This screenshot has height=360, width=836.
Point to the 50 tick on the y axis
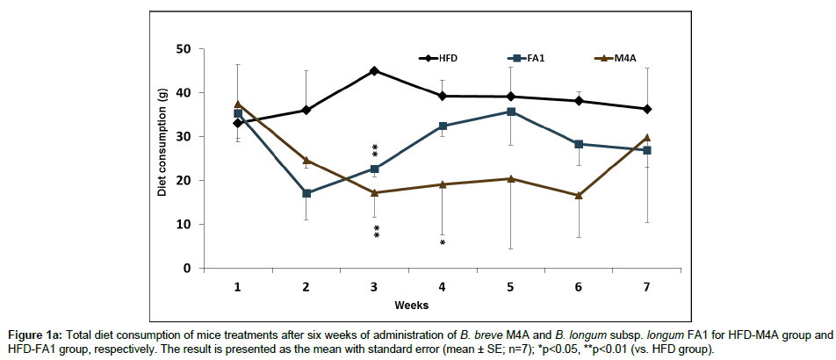click(x=184, y=49)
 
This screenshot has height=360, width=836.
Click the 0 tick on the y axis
click(x=188, y=269)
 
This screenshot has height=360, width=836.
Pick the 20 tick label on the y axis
click(x=184, y=181)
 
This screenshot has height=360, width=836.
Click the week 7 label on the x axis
click(x=646, y=287)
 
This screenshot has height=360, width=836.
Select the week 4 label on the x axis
click(x=443, y=287)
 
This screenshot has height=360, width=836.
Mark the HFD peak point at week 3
click(x=375, y=70)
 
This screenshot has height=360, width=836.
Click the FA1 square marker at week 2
click(x=306, y=193)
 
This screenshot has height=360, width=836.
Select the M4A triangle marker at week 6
click(x=579, y=195)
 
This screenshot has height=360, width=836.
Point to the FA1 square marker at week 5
click(x=511, y=112)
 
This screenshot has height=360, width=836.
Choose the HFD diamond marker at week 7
click(x=647, y=109)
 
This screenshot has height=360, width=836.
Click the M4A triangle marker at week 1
click(x=238, y=104)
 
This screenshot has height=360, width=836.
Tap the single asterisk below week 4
click(x=443, y=242)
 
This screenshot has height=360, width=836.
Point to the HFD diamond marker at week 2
click(x=306, y=110)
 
